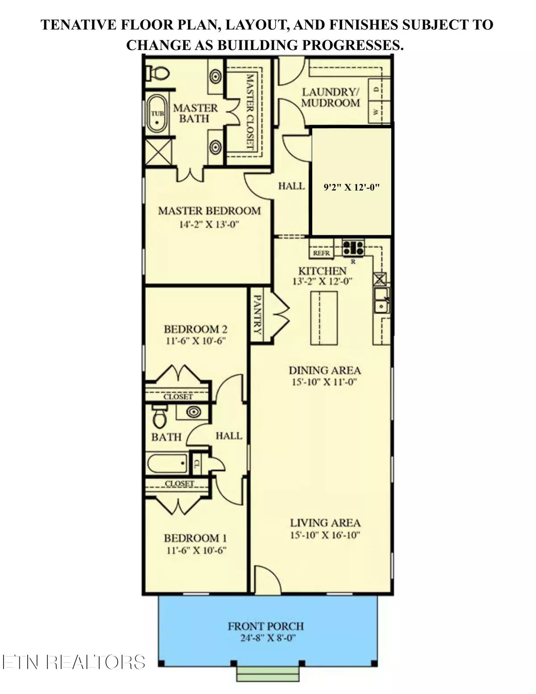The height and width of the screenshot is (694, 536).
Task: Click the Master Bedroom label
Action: (x=209, y=210)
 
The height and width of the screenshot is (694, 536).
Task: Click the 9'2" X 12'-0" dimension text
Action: (x=351, y=187)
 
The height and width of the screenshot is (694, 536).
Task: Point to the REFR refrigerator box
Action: (x=321, y=253)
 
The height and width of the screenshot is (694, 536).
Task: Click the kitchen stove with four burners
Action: (x=353, y=248)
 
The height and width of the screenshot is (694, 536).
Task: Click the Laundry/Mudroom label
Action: (x=331, y=97)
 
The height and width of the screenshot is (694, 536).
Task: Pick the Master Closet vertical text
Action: (x=250, y=112)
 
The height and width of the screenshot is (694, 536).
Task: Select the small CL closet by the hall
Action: (x=196, y=464)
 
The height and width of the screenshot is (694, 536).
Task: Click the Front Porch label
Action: (x=266, y=626)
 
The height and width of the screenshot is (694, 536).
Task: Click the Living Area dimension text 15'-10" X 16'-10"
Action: (x=325, y=535)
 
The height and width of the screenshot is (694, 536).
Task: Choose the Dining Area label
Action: (x=325, y=370)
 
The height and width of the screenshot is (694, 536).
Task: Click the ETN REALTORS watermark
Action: (x=74, y=662)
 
